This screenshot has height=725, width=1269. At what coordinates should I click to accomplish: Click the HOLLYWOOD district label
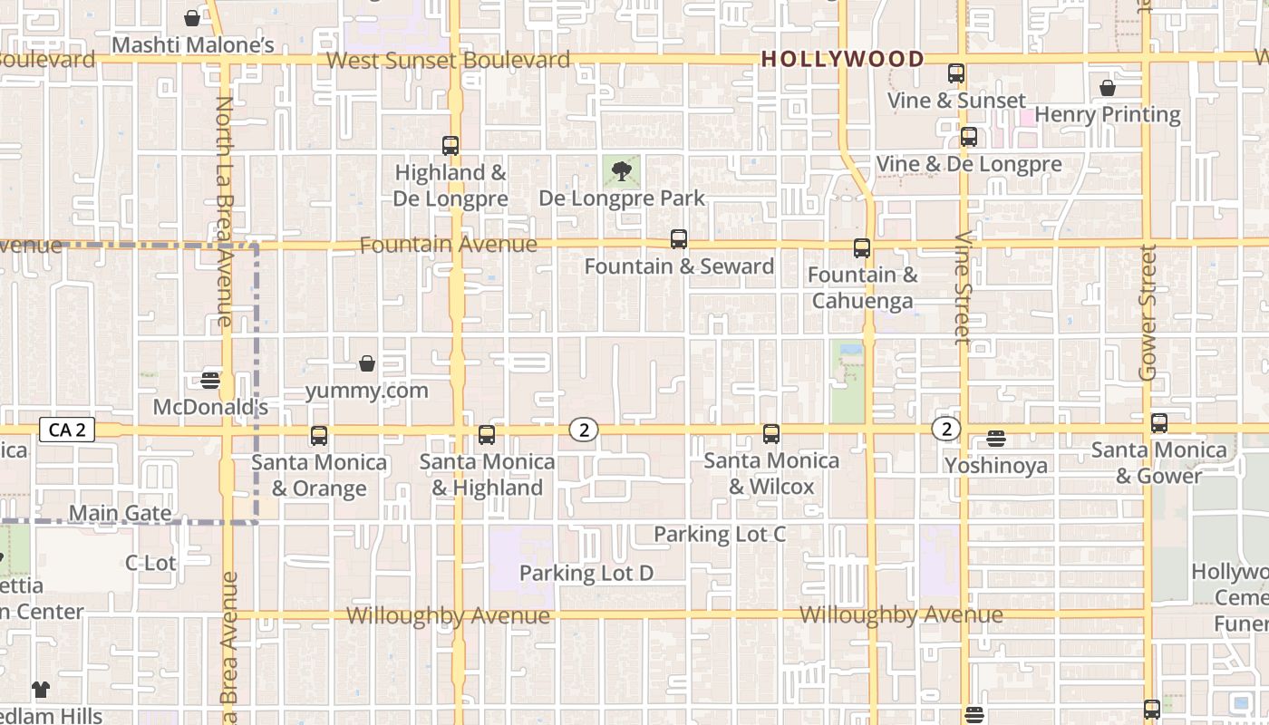pyautogui.click(x=843, y=60)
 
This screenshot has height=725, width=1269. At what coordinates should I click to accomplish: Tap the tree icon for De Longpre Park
pyautogui.click(x=621, y=171)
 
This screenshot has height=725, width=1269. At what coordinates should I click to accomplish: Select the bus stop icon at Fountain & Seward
pyautogui.click(x=679, y=239)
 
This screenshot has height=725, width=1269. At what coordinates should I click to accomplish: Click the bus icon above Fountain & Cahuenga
pyautogui.click(x=862, y=247)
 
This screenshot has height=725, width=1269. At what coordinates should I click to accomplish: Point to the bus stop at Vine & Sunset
pyautogui.click(x=956, y=73)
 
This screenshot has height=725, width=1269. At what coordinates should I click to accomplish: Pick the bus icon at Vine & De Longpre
pyautogui.click(x=969, y=137)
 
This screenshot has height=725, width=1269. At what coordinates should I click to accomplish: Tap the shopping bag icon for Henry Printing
pyautogui.click(x=1108, y=88)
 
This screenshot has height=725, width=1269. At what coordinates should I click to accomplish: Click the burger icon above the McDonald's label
pyautogui.click(x=210, y=380)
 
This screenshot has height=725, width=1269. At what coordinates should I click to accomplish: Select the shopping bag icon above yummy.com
pyautogui.click(x=367, y=363)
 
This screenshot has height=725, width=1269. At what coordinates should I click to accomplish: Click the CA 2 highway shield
pyautogui.click(x=67, y=430)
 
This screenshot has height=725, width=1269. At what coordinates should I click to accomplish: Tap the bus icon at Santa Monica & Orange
pyautogui.click(x=319, y=436)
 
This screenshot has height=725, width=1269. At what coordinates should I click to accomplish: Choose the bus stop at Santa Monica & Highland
pyautogui.click(x=487, y=435)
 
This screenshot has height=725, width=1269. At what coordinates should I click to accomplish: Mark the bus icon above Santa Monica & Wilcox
pyautogui.click(x=771, y=434)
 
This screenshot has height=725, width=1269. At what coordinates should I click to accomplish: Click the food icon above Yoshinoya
pyautogui.click(x=996, y=440)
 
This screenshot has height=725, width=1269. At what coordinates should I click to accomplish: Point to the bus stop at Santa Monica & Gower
pyautogui.click(x=1159, y=423)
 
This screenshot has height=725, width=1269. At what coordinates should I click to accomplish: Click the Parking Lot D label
pyautogui.click(x=586, y=573)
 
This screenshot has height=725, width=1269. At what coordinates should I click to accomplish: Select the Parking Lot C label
pyautogui.click(x=720, y=534)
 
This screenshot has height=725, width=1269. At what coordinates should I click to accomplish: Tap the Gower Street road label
pyautogui.click(x=1148, y=313)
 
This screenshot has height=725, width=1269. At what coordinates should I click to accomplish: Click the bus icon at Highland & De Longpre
pyautogui.click(x=450, y=145)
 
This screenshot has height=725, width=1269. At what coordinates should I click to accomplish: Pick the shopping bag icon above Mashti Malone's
pyautogui.click(x=192, y=18)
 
